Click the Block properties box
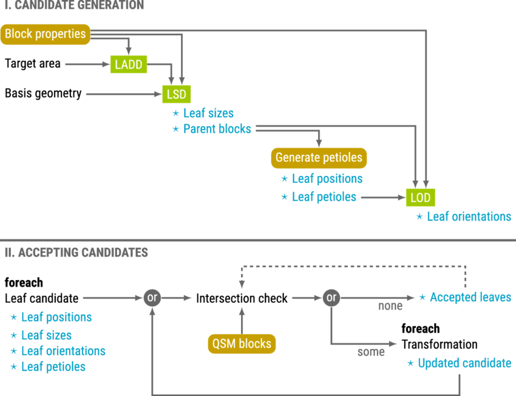[46, 34]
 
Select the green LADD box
[129, 64]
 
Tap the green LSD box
[177, 95]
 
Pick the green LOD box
[421, 198]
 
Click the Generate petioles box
[319, 158]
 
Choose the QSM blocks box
[242, 344]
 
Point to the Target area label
[33, 64]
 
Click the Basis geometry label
[43, 93]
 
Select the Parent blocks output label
[217, 129]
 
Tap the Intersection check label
[242, 298]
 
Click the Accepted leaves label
[470, 297]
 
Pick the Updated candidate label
[464, 363]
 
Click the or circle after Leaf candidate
[152, 298]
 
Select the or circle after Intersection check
[331, 298]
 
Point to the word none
[390, 306]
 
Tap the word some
[371, 352]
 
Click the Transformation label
[440, 344]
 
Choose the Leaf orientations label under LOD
[469, 216]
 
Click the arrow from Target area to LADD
[87, 64]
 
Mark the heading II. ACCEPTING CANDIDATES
[76, 252]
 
